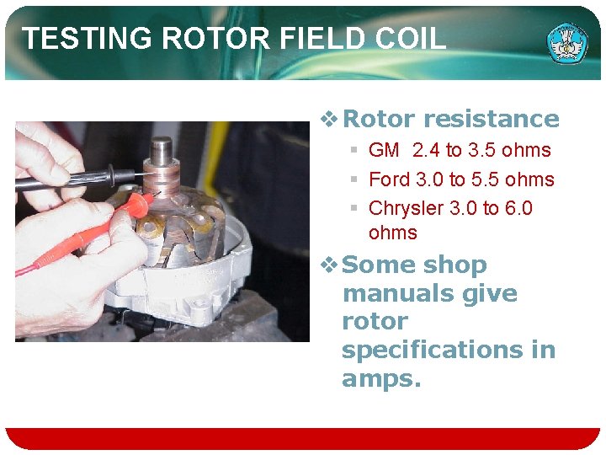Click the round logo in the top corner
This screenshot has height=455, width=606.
coord(567,41)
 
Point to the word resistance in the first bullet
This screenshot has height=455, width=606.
coord(492,119)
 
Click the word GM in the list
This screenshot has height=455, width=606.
coord(384,151)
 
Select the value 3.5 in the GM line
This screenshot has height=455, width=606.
coord(483,151)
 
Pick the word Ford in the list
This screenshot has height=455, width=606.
coord(389,179)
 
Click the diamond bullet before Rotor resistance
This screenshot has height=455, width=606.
coord(330,119)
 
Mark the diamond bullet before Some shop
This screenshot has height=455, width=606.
coord(330,265)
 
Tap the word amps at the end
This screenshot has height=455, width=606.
coord(379,378)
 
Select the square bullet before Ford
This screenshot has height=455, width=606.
coord(355,179)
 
